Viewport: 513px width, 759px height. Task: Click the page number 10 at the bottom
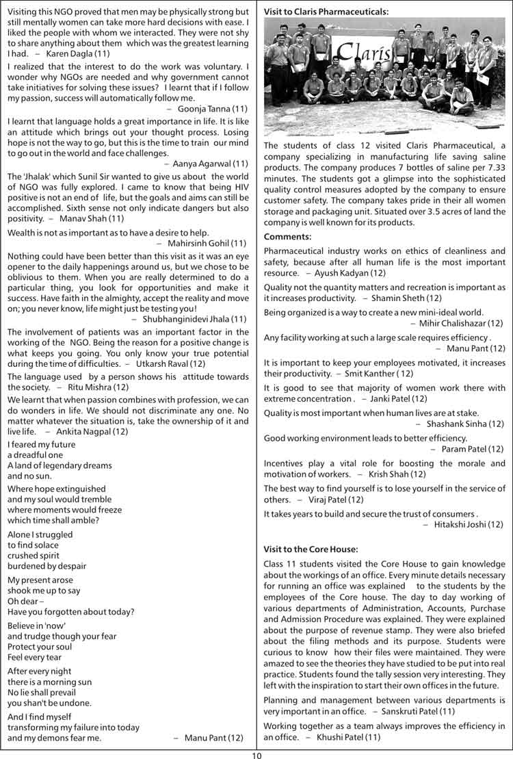tap(256, 754)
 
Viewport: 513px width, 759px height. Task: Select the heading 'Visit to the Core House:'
tap(311, 549)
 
